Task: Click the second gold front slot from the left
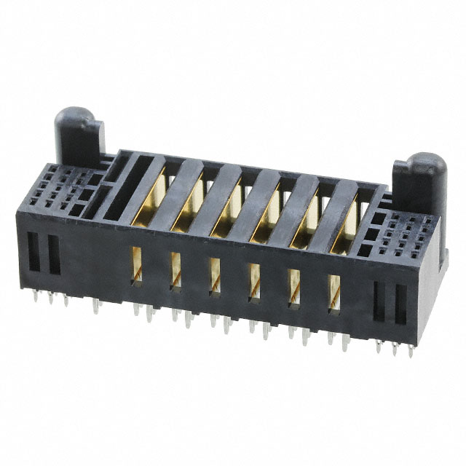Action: coord(175,270)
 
